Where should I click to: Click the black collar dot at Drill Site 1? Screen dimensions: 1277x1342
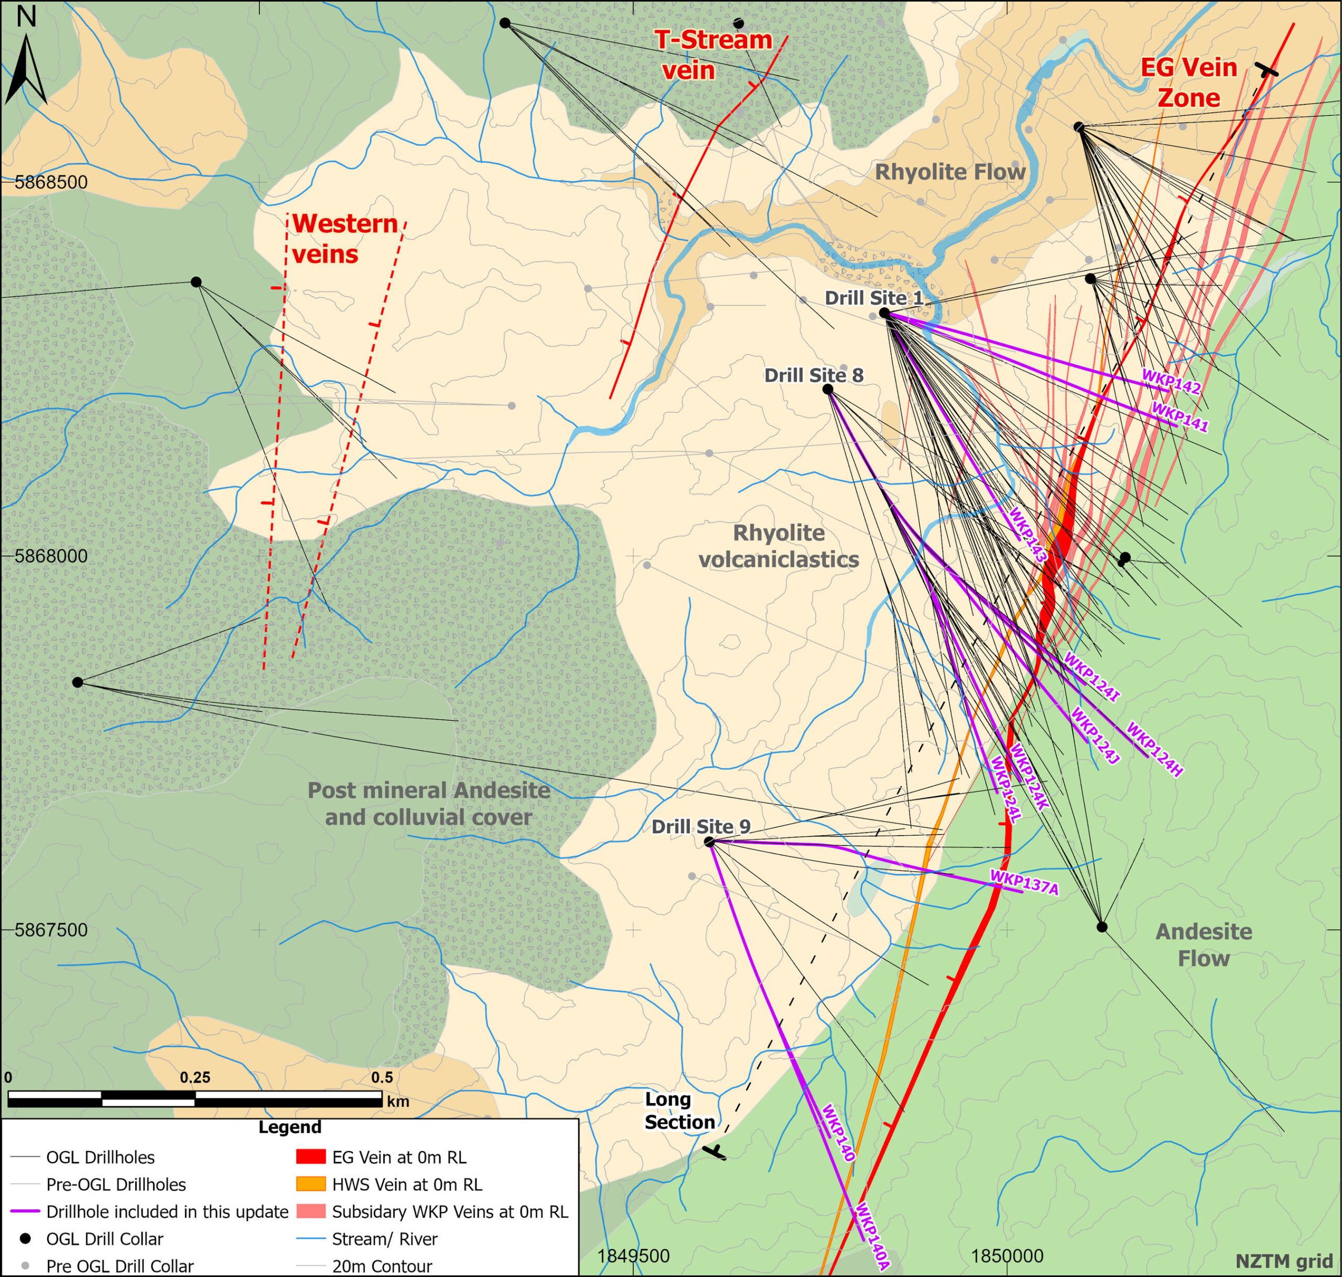point(884,313)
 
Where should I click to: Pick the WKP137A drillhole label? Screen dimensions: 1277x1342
point(1024,883)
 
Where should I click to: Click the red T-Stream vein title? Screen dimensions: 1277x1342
point(712,55)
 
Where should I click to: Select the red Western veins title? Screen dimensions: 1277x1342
point(344,238)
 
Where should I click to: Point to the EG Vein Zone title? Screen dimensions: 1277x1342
point(1188,82)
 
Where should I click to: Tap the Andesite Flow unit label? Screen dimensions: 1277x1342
point(1203,945)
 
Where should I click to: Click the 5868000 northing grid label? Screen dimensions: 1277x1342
point(51,556)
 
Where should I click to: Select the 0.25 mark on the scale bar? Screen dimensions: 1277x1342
point(196,1078)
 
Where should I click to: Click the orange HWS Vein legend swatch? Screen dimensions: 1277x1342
point(310,1184)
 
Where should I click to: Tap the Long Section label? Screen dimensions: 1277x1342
point(679,1111)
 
